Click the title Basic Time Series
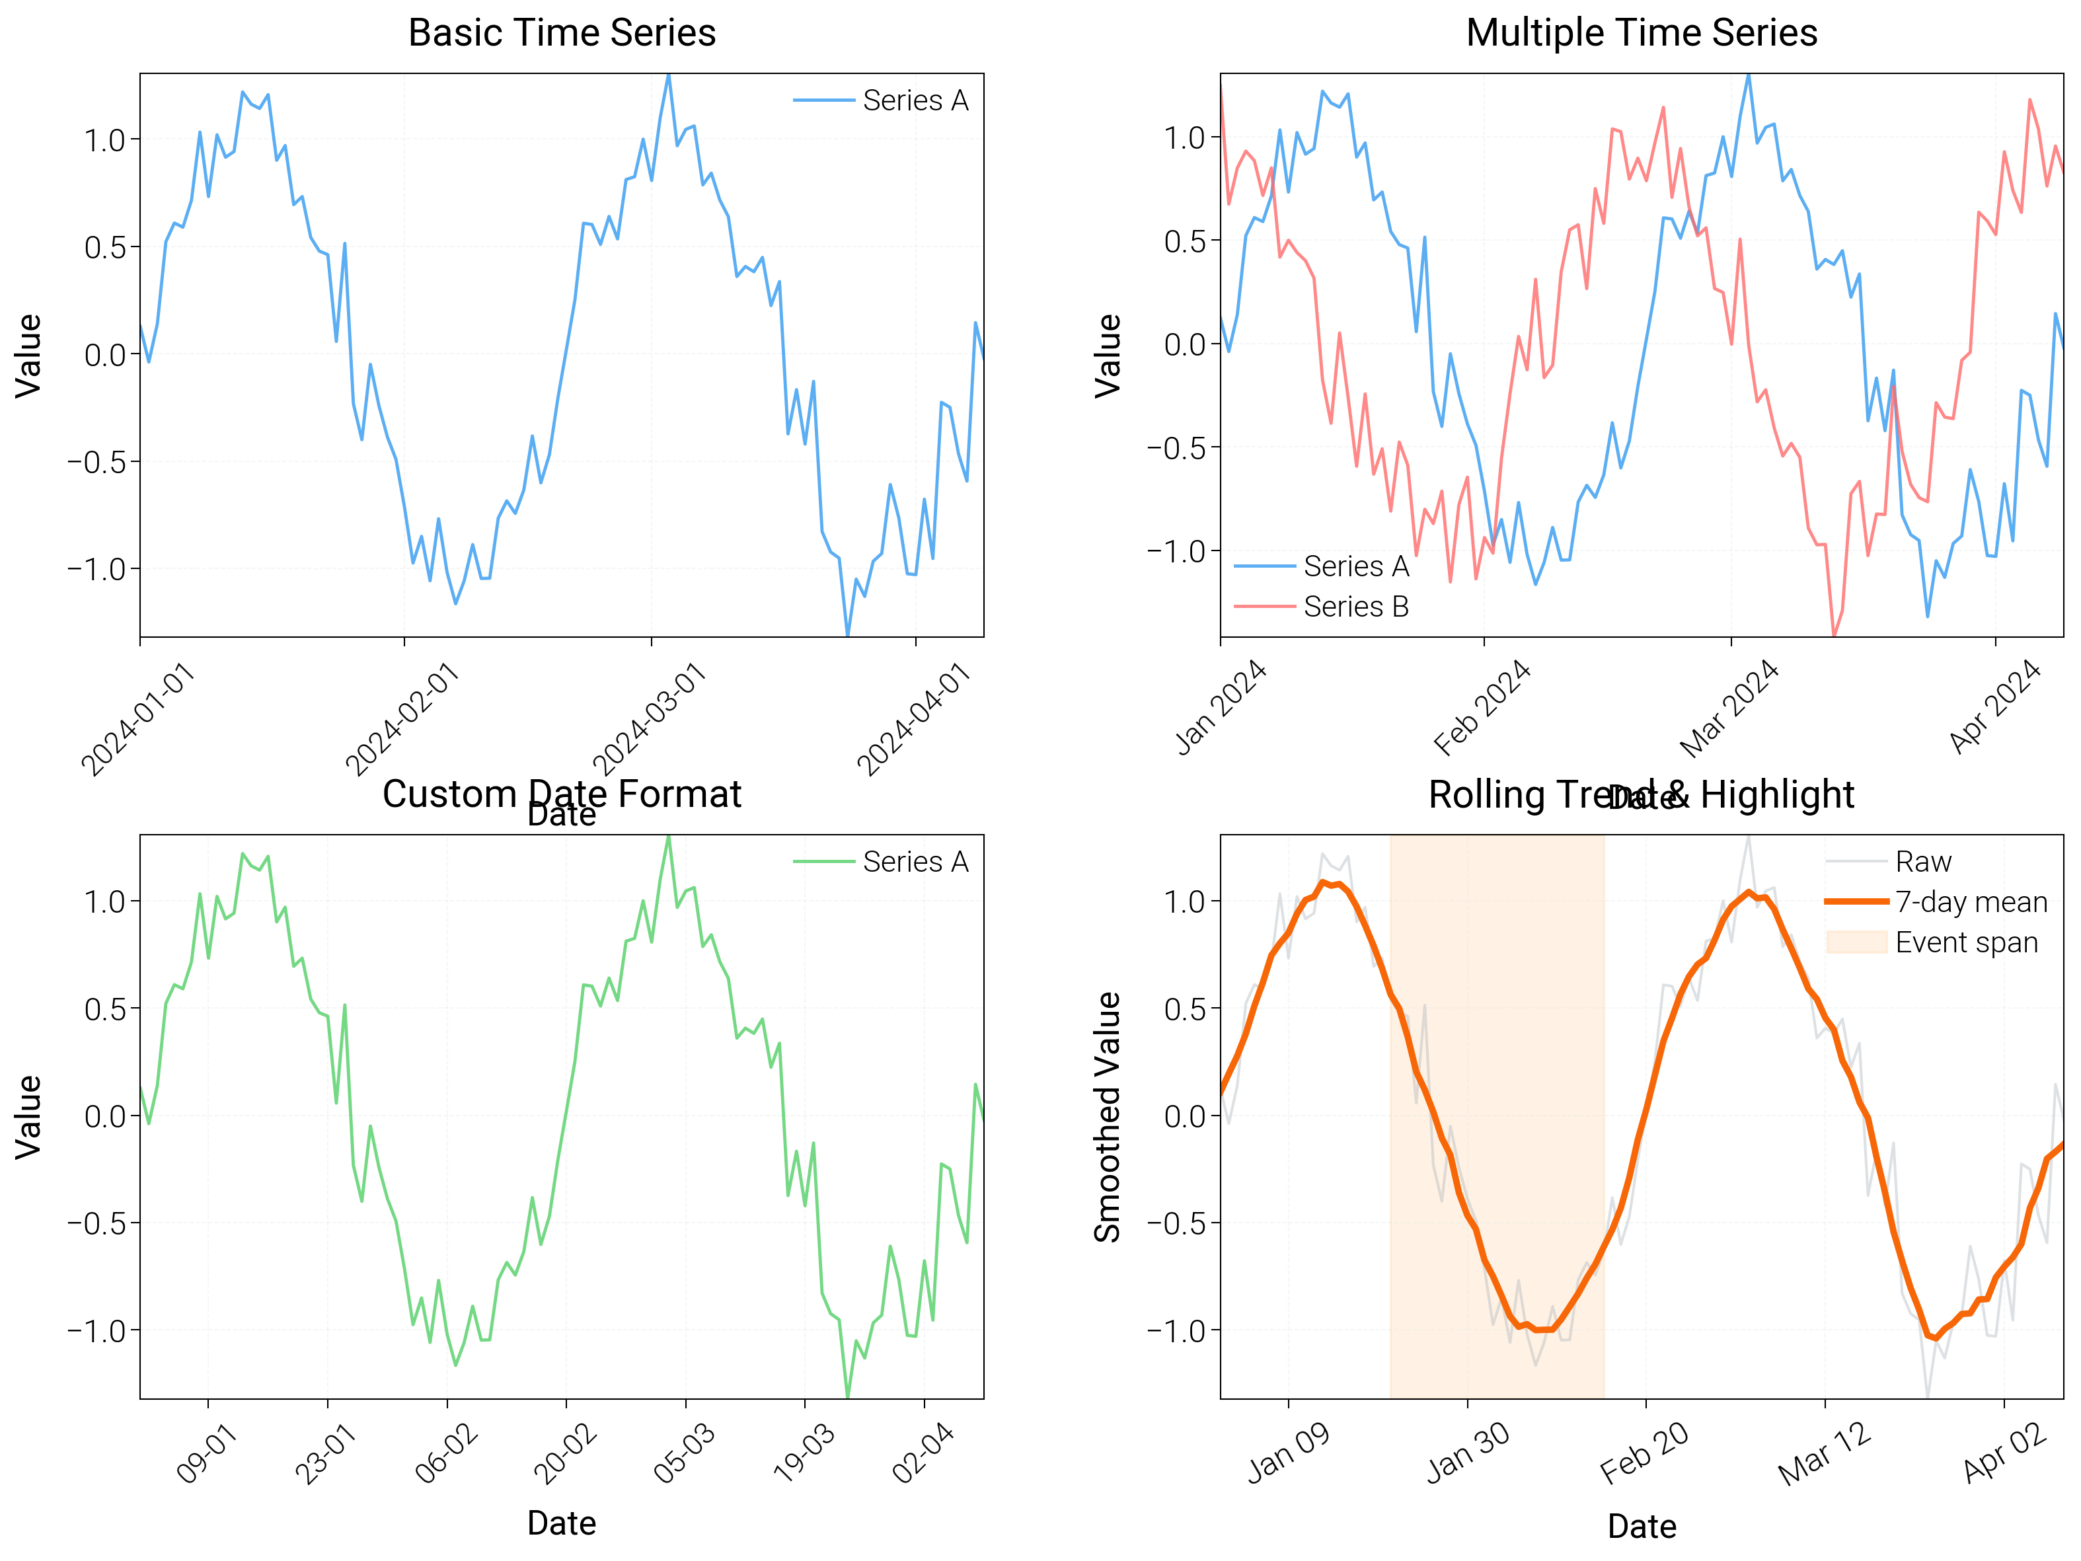pos(562,33)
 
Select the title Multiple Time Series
pos(1641,33)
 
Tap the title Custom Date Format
pos(562,794)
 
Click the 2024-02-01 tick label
pos(402,720)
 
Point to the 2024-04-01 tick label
pos(915,720)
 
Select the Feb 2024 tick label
pos(1483,708)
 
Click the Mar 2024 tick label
pos(1729,708)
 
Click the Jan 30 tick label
pos(1468,1452)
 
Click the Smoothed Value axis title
pos(1108,1116)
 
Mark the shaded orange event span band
pos(1496,1116)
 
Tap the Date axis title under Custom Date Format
pos(562,1523)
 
